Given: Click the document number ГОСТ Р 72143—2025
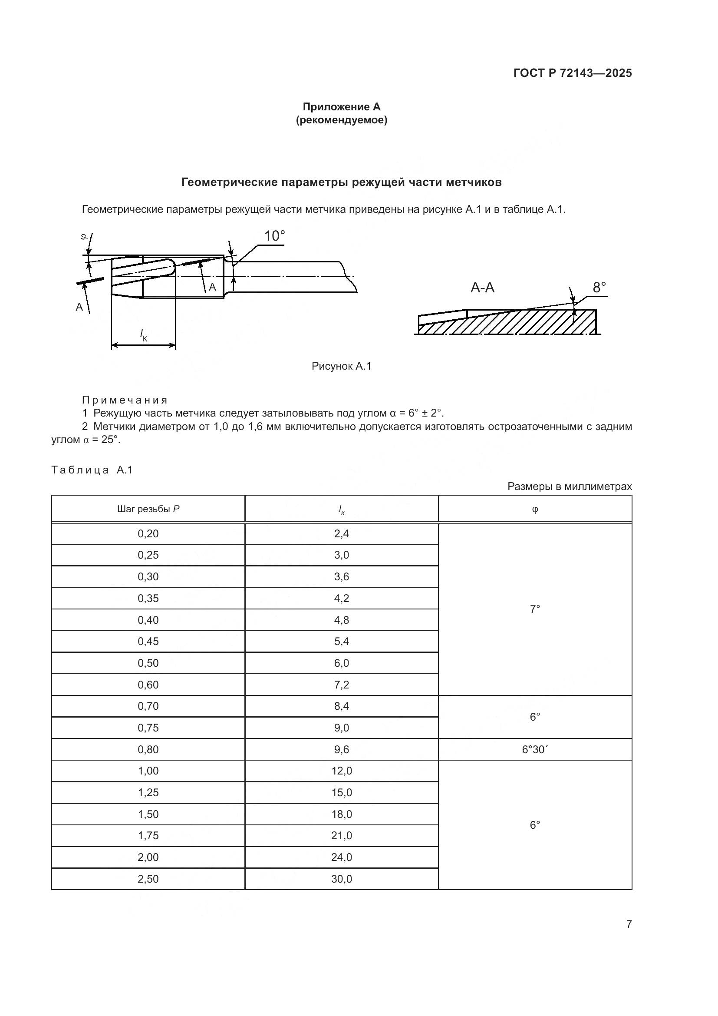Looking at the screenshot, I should (572, 73).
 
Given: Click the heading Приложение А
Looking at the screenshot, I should (341, 107).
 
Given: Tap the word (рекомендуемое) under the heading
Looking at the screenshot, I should (341, 120).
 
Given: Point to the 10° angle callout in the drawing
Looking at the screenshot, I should (274, 236).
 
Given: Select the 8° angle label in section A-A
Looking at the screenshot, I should (599, 288).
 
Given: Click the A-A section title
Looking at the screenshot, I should (482, 288).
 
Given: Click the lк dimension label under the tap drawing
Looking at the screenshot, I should (143, 335).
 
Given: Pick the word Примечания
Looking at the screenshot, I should (125, 400).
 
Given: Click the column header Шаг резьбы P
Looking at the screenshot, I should (148, 509).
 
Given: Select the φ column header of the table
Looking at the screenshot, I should (534, 509).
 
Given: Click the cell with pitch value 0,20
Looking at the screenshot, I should (148, 534).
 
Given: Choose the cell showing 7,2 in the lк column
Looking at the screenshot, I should (341, 685).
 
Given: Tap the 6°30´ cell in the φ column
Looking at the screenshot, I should (534, 750).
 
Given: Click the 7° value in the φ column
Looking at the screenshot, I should (534, 609).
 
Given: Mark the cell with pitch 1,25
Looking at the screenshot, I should (148, 793).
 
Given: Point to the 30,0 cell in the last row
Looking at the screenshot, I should (341, 879).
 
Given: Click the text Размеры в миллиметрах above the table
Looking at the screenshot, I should (570, 487).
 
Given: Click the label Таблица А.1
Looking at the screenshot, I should (92, 470).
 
